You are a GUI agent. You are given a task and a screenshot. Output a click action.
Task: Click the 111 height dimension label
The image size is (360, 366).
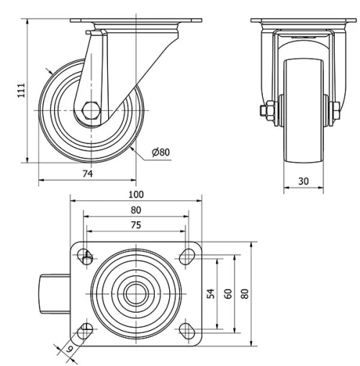pos(22,89)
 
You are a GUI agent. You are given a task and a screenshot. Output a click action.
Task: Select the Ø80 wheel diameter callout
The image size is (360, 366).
pos(161,152)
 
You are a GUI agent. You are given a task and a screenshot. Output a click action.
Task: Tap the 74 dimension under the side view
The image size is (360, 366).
pos(86,173)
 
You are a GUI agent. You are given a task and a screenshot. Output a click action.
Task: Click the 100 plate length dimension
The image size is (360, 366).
pos(135,195)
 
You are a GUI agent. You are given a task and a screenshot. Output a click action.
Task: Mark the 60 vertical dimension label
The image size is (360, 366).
pos(227,293)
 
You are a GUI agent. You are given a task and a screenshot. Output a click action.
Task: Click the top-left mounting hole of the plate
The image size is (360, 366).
pos(86,254)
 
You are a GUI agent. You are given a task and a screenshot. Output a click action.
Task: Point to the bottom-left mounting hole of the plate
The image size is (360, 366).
pos(86,331)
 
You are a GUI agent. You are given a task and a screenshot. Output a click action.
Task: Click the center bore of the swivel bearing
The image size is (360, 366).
pos(134,293)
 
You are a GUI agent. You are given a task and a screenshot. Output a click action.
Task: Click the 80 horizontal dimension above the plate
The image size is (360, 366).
pos(135,210)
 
